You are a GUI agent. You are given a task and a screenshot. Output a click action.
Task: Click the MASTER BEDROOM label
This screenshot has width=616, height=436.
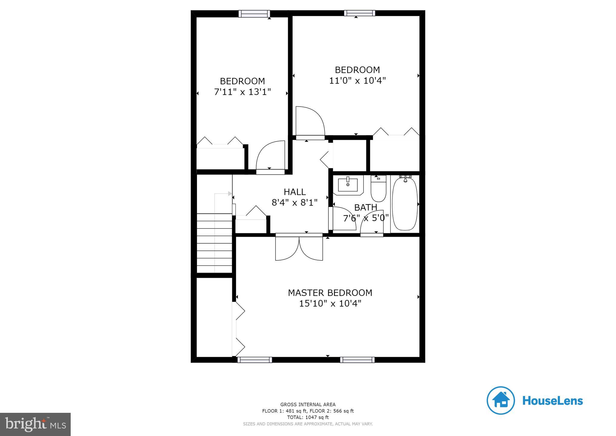(330, 293)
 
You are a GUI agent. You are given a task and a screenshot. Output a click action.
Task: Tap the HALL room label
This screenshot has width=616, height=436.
(294, 192)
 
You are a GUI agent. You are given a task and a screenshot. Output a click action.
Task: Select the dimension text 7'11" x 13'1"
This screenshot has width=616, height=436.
(242, 92)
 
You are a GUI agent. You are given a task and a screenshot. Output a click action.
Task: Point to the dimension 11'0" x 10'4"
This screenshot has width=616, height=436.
(357, 81)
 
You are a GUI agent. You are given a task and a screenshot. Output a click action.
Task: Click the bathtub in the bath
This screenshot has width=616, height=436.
(405, 204)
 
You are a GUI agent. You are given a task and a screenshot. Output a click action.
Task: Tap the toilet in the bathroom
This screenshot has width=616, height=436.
(378, 190)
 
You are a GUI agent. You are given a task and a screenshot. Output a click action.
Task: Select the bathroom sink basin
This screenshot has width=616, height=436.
(348, 185)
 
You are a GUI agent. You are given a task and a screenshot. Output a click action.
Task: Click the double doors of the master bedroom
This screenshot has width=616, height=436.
(299, 248)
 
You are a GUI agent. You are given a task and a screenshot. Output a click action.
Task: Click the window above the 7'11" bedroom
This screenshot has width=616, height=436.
(254, 14)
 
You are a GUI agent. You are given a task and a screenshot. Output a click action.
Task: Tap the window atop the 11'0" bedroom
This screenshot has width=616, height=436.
(359, 13)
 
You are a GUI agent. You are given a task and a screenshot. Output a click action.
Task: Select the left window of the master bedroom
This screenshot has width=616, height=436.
(254, 360)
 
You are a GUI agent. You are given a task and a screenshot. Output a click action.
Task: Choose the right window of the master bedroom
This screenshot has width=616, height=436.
(357, 360)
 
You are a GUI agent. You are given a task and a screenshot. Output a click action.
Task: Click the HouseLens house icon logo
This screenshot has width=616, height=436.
(500, 400)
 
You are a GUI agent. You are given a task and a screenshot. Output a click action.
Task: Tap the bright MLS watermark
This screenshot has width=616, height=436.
(35, 424)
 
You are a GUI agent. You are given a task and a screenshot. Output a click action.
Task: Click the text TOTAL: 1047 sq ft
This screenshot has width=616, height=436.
(308, 417)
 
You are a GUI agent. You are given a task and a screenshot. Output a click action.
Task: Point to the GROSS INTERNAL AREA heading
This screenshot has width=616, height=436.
(308, 405)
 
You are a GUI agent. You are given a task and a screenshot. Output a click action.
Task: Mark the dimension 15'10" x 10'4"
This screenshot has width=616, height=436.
(330, 304)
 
